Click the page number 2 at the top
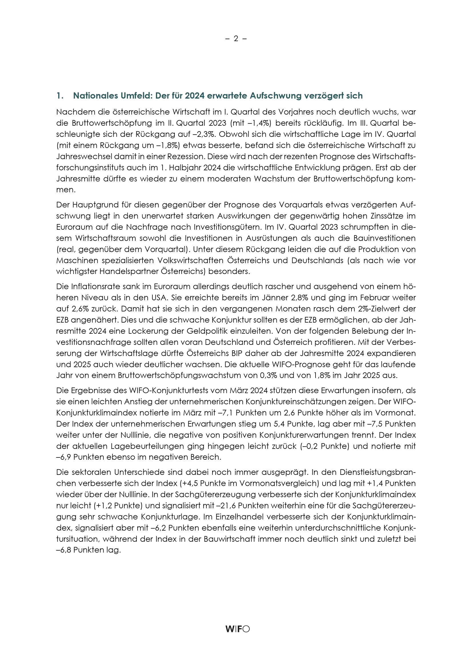click(236, 39)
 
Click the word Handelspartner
click(127, 271)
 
